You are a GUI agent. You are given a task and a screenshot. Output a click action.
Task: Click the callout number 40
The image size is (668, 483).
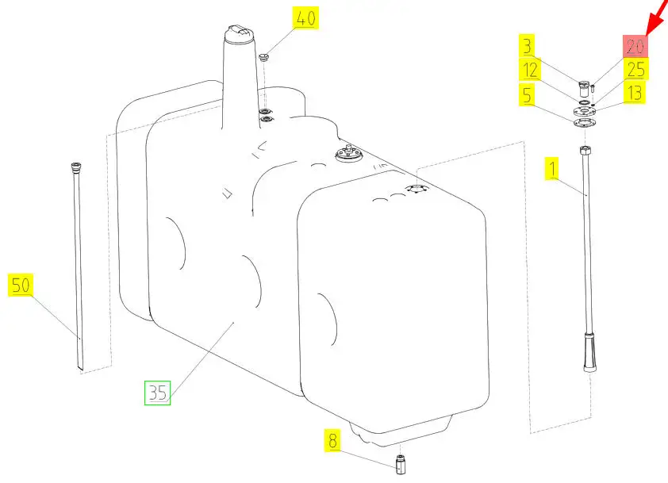pyautogui.click(x=305, y=18)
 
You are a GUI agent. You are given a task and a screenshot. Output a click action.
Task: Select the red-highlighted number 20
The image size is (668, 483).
pyautogui.click(x=635, y=46)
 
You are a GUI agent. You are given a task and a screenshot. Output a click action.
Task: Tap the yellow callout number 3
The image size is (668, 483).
pyautogui.click(x=528, y=45)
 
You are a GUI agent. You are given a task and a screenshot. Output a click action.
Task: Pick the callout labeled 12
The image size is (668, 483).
pyautogui.click(x=531, y=69)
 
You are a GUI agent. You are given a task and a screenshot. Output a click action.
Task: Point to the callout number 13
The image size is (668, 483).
pyautogui.click(x=635, y=93)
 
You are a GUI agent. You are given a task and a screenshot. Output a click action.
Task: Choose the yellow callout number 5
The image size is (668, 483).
pyautogui.click(x=528, y=94)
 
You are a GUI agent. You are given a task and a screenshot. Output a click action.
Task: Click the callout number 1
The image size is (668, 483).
pyautogui.click(x=552, y=168)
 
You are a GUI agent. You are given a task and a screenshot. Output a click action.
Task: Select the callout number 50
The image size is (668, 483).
pyautogui.click(x=21, y=285)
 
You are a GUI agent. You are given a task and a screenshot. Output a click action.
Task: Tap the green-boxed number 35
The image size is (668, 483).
pyautogui.click(x=158, y=393)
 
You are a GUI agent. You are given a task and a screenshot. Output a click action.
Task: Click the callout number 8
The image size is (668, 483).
pyautogui.click(x=332, y=440)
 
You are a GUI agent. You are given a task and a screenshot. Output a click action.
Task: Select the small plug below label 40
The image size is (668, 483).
pyautogui.click(x=264, y=57)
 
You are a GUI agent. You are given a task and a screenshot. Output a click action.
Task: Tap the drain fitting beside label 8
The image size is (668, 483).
pyautogui.click(x=401, y=464)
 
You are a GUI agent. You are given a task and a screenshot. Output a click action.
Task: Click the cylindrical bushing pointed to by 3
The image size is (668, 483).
pyautogui.click(x=584, y=89)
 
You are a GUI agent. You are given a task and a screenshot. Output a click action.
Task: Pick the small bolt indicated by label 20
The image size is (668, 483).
pyautogui.click(x=593, y=89)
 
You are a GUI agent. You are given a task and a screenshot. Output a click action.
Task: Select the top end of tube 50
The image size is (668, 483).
pyautogui.click(x=76, y=167)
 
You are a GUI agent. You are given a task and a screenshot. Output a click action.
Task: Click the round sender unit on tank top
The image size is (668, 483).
pyautogui.click(x=348, y=154)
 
